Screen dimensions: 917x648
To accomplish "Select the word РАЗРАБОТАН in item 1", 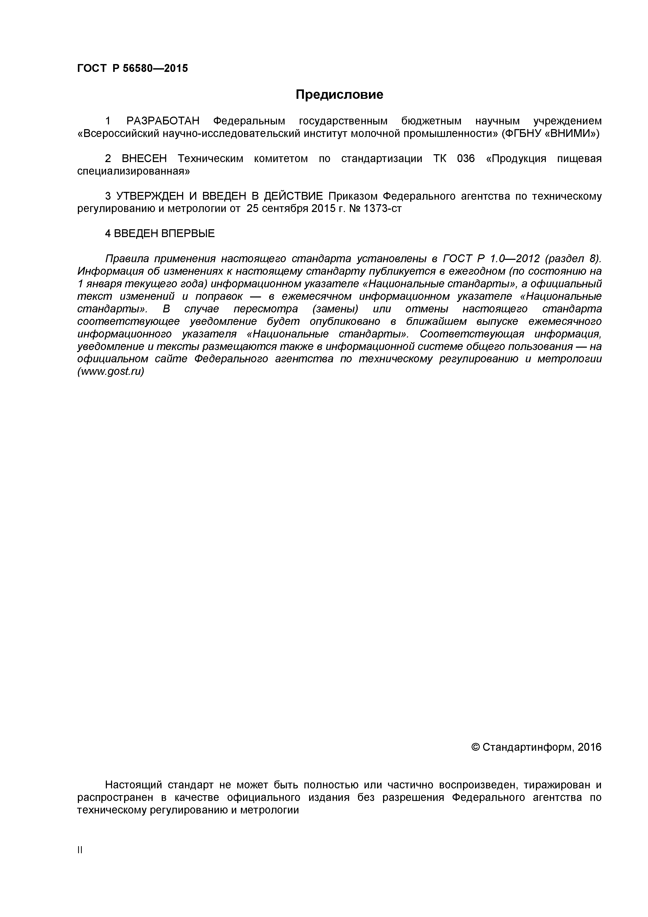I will tap(163, 121).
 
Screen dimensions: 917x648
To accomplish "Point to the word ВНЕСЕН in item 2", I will tap(144, 159).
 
